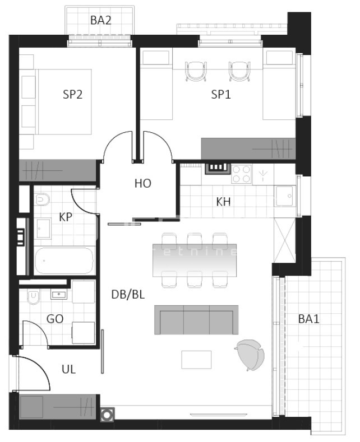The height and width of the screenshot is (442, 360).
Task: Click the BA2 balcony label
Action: [101, 21]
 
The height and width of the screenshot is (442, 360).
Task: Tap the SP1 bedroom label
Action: [221, 95]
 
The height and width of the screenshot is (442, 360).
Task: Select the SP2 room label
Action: [72, 95]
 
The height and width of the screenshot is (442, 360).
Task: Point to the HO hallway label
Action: [143, 183]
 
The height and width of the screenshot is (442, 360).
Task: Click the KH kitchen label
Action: [224, 202]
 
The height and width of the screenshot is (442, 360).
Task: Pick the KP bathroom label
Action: [66, 217]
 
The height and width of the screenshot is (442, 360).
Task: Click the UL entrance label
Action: [69, 369]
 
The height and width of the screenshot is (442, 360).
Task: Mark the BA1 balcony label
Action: [309, 319]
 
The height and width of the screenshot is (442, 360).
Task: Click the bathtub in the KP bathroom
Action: [63, 261]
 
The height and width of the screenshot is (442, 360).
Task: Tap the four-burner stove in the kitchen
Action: [242, 173]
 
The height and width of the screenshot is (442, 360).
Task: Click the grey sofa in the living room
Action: [196, 320]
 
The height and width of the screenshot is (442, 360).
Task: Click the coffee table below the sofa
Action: [196, 359]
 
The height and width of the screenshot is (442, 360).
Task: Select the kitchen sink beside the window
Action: [286, 195]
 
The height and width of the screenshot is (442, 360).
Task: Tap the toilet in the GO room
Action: [33, 297]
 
